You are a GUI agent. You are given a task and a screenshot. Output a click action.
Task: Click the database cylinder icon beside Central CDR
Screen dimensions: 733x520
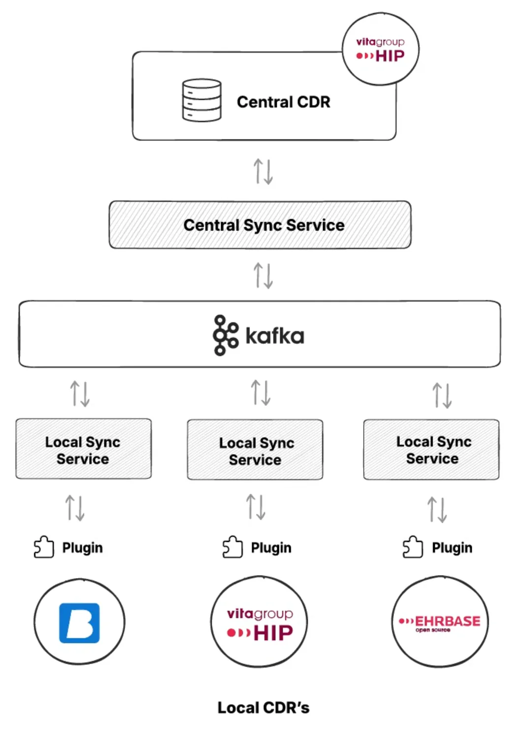pyautogui.click(x=201, y=100)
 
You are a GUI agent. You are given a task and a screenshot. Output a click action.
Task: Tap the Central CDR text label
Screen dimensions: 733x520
pyautogui.click(x=283, y=102)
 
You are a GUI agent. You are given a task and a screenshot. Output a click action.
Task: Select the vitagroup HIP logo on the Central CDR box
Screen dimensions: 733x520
pyautogui.click(x=380, y=50)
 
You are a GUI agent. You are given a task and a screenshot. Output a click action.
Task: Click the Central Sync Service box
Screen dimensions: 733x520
pyautogui.click(x=260, y=225)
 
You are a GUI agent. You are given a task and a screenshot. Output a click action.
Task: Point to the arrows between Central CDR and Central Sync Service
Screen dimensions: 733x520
pyautogui.click(x=263, y=171)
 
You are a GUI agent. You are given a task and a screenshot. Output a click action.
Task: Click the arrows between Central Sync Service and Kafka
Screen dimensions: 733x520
pyautogui.click(x=263, y=275)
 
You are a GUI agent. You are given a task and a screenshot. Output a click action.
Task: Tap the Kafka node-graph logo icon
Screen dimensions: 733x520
pyautogui.click(x=225, y=335)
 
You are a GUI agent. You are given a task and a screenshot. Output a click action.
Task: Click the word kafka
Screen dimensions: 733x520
pyautogui.click(x=275, y=336)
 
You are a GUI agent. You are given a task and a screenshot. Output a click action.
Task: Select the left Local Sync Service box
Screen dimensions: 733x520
pyautogui.click(x=83, y=449)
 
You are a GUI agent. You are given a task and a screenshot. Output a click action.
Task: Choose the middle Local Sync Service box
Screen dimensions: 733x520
pyautogui.click(x=255, y=450)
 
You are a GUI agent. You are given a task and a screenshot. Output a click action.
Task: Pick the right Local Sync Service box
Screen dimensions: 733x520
pyautogui.click(x=431, y=450)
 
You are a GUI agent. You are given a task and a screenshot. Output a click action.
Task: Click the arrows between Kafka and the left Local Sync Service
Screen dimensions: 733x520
pyautogui.click(x=80, y=394)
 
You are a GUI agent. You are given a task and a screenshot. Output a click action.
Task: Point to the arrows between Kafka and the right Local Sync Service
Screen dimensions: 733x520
pyautogui.click(x=442, y=396)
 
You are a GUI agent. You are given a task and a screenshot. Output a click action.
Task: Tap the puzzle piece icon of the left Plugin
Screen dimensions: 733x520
pyautogui.click(x=43, y=547)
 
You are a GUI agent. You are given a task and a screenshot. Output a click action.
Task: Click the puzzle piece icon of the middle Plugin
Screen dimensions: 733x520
pyautogui.click(x=232, y=547)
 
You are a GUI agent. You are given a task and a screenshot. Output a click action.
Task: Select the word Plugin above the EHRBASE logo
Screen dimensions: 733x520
pyautogui.click(x=452, y=548)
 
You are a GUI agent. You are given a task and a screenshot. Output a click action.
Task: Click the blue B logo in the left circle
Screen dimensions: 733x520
pyautogui.click(x=79, y=623)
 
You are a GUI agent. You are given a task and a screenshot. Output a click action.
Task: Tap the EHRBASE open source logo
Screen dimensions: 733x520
pyautogui.click(x=440, y=623)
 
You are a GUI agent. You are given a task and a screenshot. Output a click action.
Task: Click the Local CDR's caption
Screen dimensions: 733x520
pyautogui.click(x=263, y=707)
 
